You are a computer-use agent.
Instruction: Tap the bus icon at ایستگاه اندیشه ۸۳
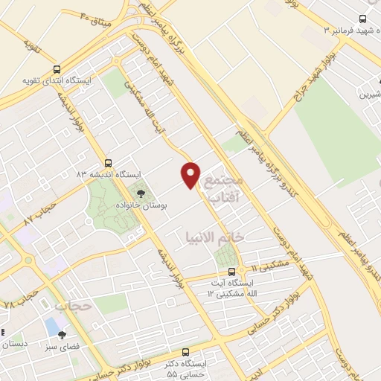(109, 162)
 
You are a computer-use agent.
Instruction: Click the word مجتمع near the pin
(224, 180)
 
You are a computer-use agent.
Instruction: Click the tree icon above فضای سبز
(62, 334)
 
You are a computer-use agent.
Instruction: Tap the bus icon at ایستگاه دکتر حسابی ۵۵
(185, 352)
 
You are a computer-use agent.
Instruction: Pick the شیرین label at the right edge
(370, 95)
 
